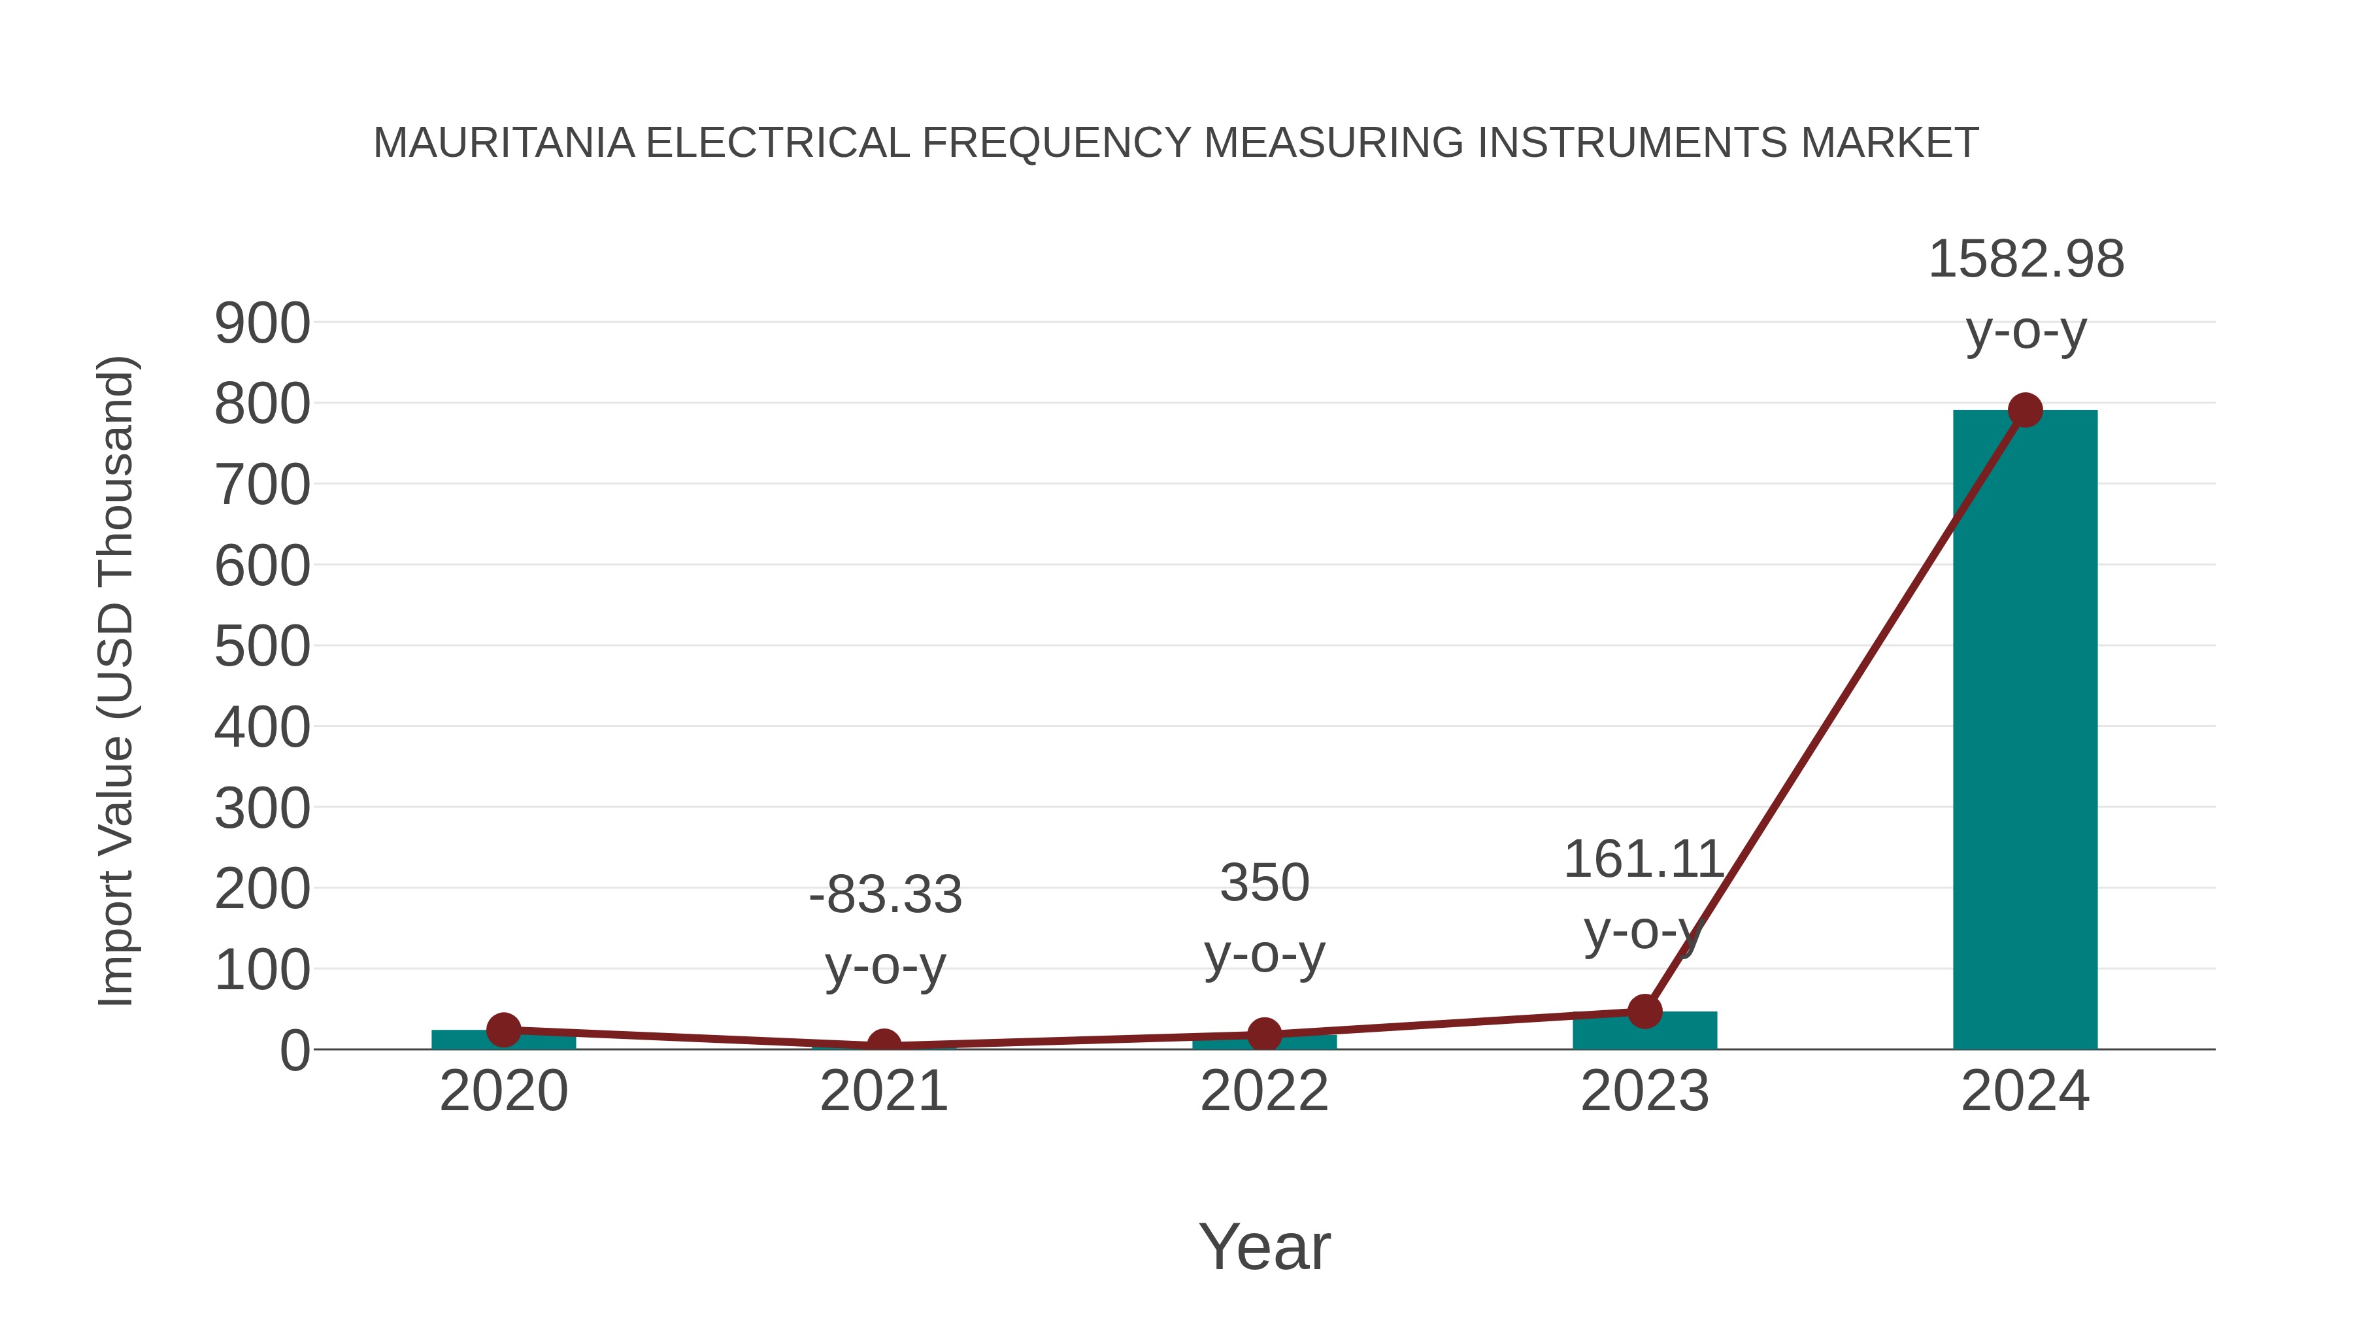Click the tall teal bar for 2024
click(x=2024, y=731)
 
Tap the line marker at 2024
click(x=2025, y=410)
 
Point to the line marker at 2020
click(x=503, y=1030)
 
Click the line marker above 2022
click(x=1264, y=1035)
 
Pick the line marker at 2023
click(x=1644, y=1011)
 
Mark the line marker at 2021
click(x=883, y=1045)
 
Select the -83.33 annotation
click(x=885, y=894)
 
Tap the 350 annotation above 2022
click(x=1264, y=883)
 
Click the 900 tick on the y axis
click(x=262, y=324)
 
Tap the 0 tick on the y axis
click(x=294, y=1051)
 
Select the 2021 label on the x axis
click(x=883, y=1091)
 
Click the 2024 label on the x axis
click(x=2024, y=1091)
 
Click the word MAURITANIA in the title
click(x=503, y=143)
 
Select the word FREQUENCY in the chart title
click(x=1057, y=143)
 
